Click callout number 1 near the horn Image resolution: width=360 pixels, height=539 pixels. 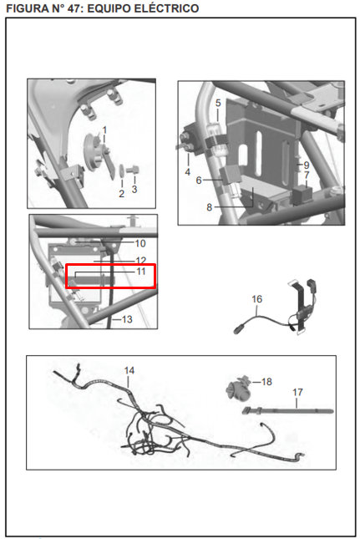click(x=104, y=130)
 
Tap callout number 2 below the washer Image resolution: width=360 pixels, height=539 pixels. click(x=121, y=194)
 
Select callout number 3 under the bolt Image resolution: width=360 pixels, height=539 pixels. click(x=134, y=189)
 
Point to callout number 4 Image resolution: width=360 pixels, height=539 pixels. click(x=188, y=172)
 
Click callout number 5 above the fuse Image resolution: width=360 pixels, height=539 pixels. click(x=218, y=103)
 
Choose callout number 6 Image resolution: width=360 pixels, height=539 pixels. click(x=199, y=181)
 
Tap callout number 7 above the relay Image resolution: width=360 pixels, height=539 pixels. click(x=307, y=175)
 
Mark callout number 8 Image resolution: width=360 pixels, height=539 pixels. click(x=209, y=207)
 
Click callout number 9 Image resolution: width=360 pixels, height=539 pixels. click(x=307, y=165)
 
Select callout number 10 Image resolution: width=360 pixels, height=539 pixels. click(x=140, y=243)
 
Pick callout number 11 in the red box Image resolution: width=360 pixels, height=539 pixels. click(x=141, y=272)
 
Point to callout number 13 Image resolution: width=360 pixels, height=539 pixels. click(x=127, y=319)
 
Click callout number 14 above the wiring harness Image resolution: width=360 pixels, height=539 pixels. click(x=129, y=370)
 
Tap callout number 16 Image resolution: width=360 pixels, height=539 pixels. click(x=257, y=299)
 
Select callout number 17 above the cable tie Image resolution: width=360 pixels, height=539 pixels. click(x=297, y=392)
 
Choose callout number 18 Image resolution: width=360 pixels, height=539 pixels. click(x=266, y=382)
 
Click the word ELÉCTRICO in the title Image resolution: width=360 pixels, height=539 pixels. click(x=166, y=8)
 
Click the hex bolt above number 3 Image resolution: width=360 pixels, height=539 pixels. click(x=132, y=170)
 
